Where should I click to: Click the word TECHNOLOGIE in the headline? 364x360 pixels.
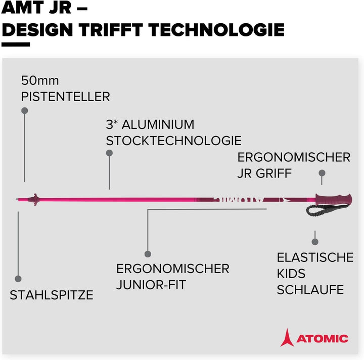(216, 30)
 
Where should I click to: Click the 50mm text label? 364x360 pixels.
(40, 81)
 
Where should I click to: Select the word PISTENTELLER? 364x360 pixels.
(65, 97)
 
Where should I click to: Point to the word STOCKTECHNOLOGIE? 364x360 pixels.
(173, 141)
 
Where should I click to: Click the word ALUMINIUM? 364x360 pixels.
(158, 125)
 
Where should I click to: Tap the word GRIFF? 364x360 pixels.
(274, 173)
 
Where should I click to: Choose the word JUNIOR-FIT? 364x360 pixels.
(151, 285)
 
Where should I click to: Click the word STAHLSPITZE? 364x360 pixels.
(52, 295)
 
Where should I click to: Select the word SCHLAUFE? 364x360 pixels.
(310, 290)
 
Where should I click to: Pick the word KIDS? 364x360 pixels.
(291, 274)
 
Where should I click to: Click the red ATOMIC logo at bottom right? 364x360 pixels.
(314, 338)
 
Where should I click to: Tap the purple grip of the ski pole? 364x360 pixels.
(334, 199)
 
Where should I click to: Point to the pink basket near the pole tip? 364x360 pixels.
(34, 199)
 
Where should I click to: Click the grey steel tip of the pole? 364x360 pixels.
(17, 199)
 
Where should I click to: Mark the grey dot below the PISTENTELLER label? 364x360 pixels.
(25, 111)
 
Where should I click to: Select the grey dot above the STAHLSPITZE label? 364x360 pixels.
(18, 279)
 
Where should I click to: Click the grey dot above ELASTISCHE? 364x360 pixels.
(315, 242)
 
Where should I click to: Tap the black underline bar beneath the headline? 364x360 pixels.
(16, 44)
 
